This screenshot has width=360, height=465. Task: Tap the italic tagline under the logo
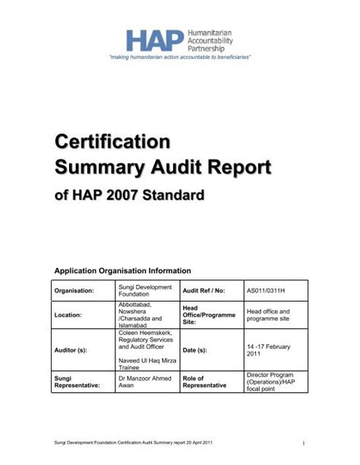180,58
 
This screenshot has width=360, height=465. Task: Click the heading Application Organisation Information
122,270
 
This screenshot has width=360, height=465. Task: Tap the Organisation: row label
74,290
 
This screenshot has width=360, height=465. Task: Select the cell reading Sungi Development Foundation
144,290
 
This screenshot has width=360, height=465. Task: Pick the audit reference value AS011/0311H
267,290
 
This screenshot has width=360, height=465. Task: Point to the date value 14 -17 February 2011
268,350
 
